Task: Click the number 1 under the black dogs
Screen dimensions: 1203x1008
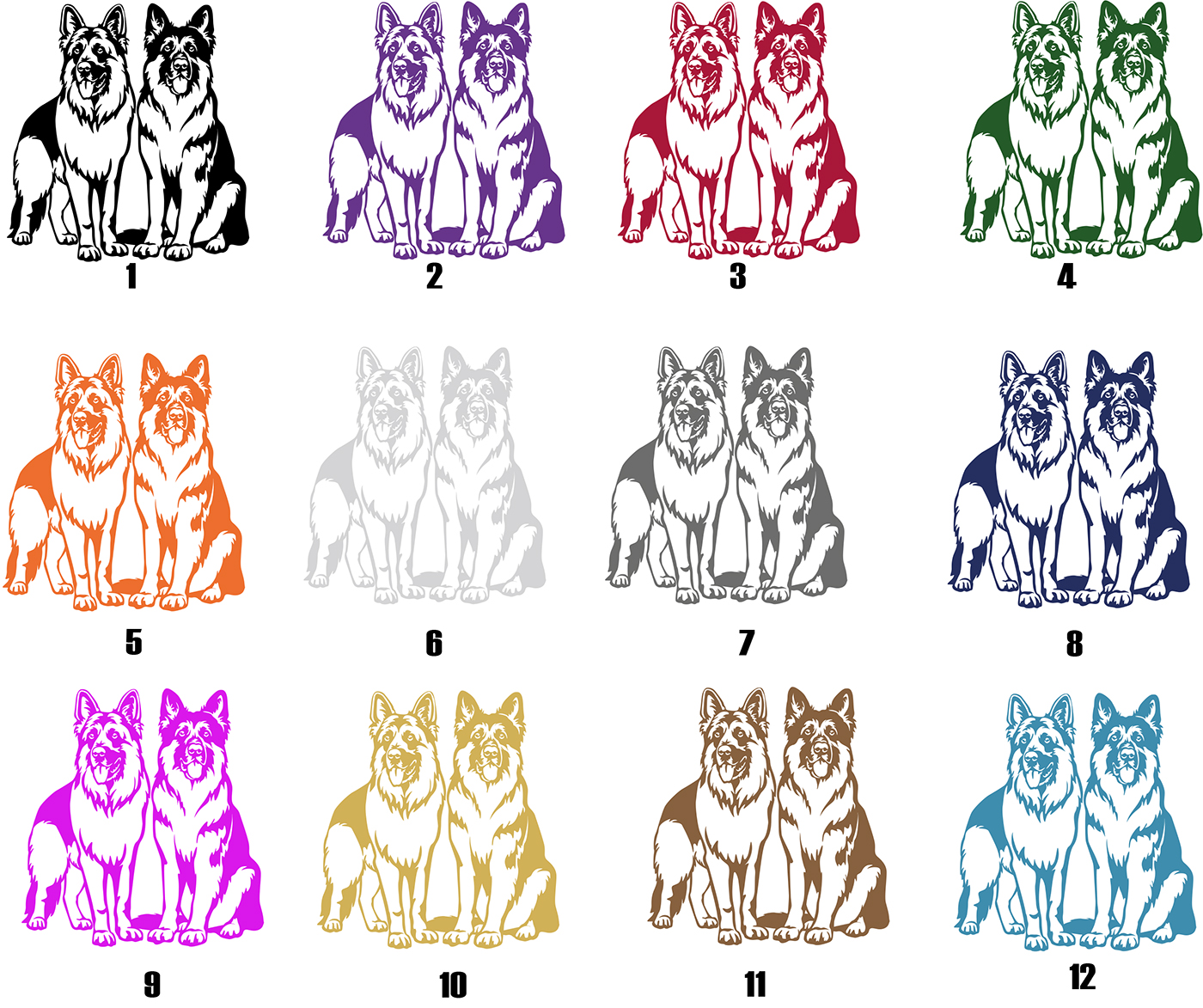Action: click(132, 276)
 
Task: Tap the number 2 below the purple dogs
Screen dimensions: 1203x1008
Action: click(435, 276)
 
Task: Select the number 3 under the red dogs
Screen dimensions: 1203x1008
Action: click(737, 276)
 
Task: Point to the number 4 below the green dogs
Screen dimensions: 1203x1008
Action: click(1066, 277)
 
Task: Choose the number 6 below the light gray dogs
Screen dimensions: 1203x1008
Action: click(434, 643)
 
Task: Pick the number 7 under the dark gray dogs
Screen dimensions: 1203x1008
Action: click(746, 642)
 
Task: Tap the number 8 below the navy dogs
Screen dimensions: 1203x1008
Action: click(1074, 643)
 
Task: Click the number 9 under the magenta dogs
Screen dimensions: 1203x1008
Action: click(152, 985)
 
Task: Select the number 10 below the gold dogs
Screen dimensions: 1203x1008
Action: click(453, 985)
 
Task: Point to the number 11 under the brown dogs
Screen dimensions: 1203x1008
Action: click(755, 985)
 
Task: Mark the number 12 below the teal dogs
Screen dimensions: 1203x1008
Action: click(1083, 976)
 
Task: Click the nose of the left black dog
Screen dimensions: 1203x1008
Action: click(85, 69)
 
